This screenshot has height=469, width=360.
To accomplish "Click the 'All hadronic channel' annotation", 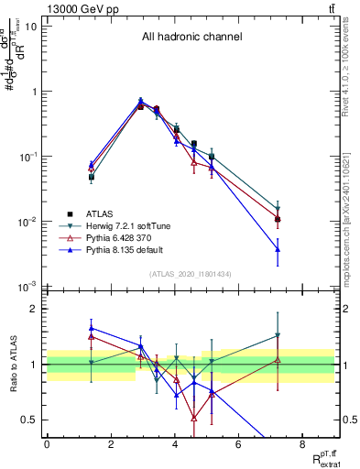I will click(191, 38).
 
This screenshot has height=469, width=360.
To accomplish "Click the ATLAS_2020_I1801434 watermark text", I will click(191, 274).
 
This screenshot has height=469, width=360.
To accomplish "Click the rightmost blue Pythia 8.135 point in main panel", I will click(277, 249).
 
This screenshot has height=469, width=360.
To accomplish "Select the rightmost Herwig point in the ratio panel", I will click(277, 336).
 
